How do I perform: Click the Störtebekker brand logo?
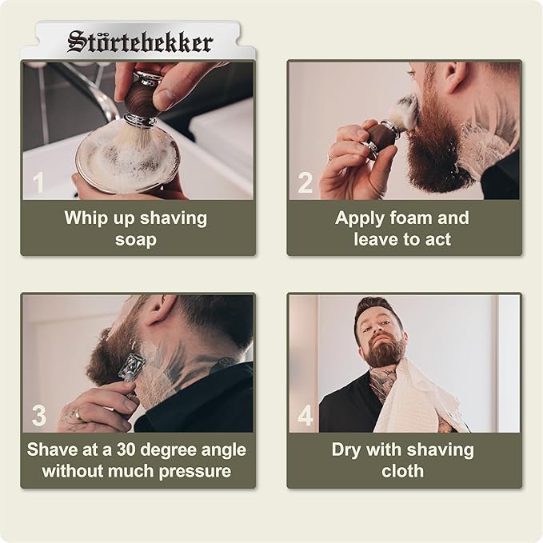tap(140, 42)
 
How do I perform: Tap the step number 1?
tap(38, 183)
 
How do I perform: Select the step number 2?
tap(305, 183)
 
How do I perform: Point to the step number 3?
tap(38, 415)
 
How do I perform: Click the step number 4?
tap(305, 415)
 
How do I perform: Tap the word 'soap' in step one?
tap(136, 239)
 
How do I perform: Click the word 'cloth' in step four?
tap(403, 470)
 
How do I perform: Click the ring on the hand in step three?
tap(78, 414)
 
